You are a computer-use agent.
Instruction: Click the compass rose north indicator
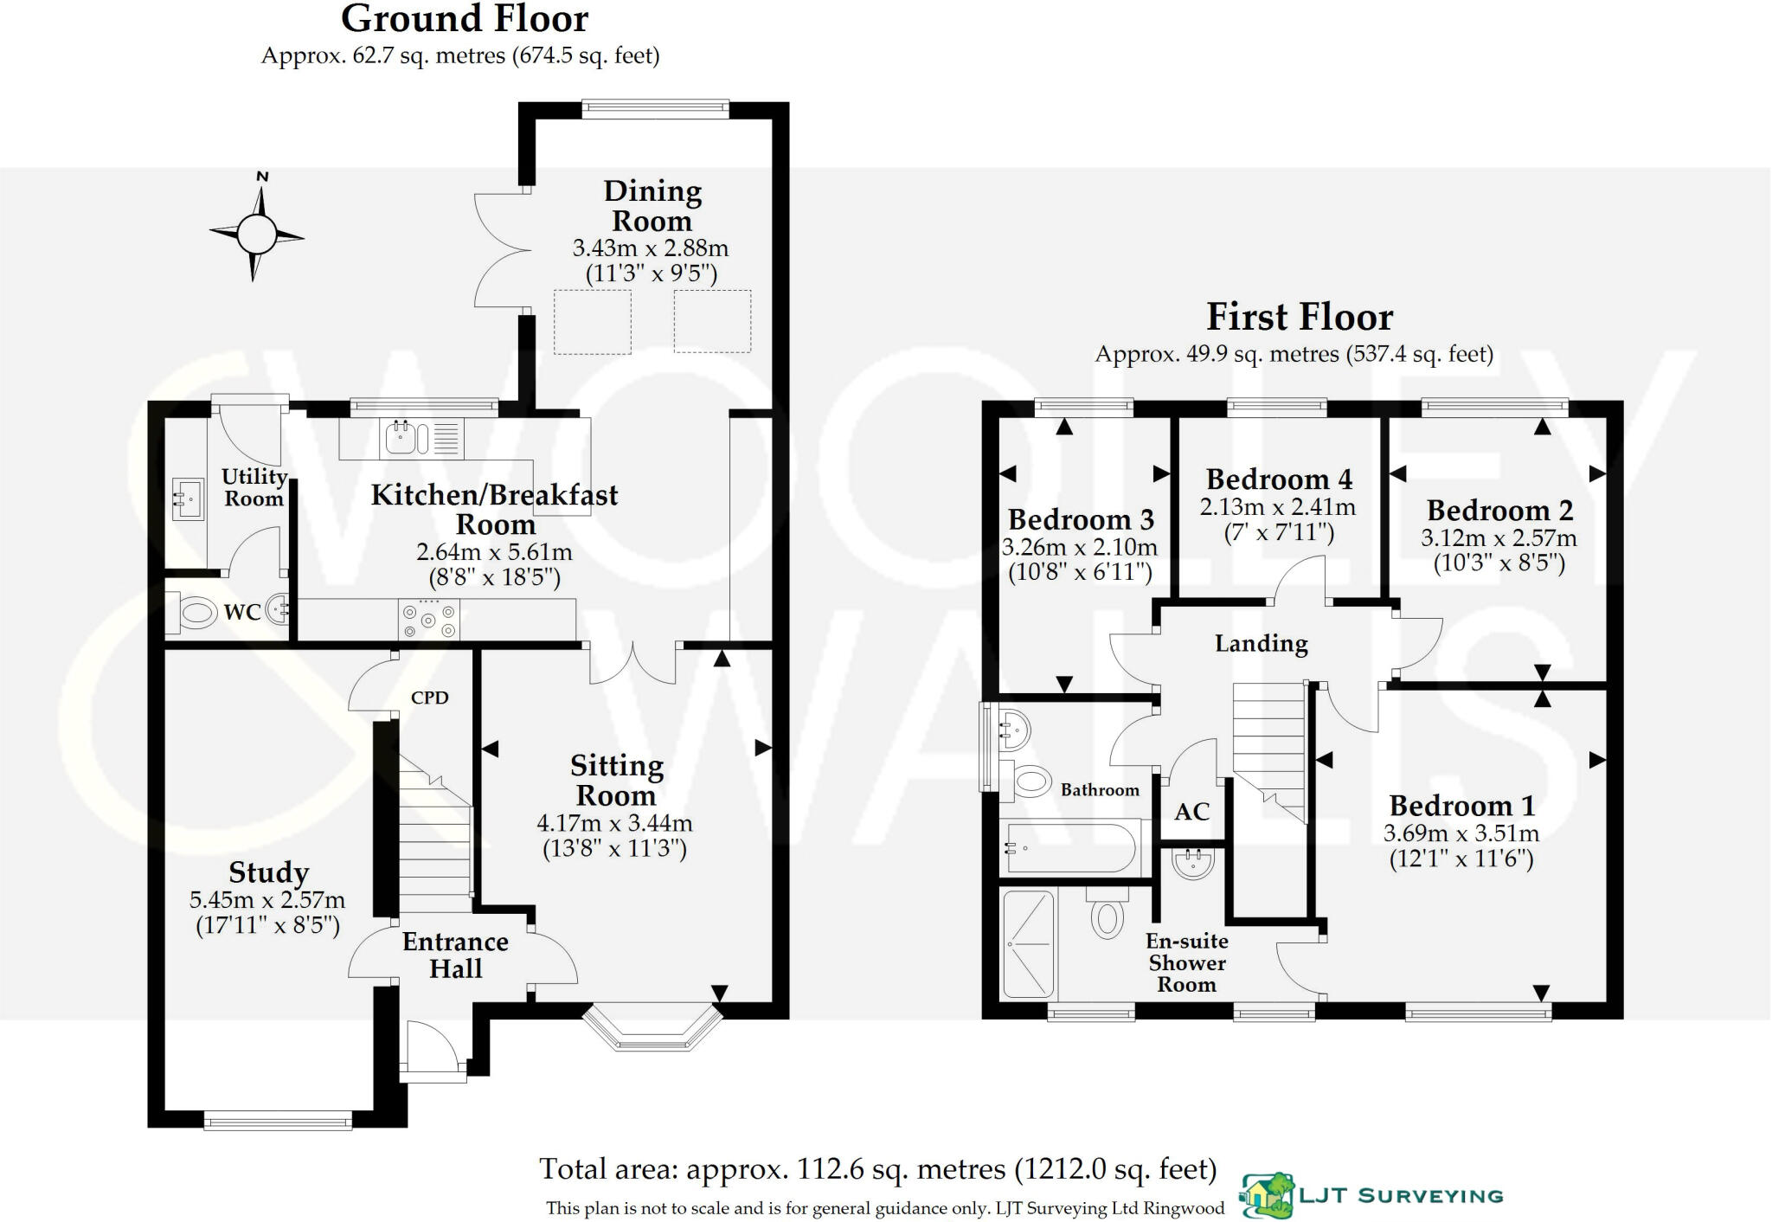pyautogui.click(x=262, y=177)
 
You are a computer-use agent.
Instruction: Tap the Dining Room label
pyautogui.click(x=652, y=206)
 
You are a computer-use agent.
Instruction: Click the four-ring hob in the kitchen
pyautogui.click(x=429, y=620)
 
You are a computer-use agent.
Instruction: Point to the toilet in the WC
pyautogui.click(x=192, y=614)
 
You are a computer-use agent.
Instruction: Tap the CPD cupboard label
pyautogui.click(x=429, y=698)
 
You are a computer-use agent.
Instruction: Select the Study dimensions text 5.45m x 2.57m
pyautogui.click(x=267, y=900)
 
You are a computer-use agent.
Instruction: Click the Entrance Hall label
pyautogui.click(x=456, y=955)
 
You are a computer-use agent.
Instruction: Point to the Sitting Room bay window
pyautogui.click(x=653, y=1026)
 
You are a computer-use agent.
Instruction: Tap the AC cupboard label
pyautogui.click(x=1191, y=812)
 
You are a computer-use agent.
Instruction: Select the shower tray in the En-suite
pyautogui.click(x=1029, y=944)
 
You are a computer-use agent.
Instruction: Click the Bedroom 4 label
pyautogui.click(x=1279, y=479)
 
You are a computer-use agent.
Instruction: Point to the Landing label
pyautogui.click(x=1261, y=643)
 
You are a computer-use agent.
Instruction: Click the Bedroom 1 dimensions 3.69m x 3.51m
pyautogui.click(x=1461, y=833)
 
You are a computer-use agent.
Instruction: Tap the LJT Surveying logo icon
pyautogui.click(x=1268, y=1195)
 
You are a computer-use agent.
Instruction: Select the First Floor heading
pyautogui.click(x=1300, y=317)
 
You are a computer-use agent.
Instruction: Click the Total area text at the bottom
pyautogui.click(x=878, y=1169)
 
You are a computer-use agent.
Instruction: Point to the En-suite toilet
pyautogui.click(x=1107, y=913)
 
